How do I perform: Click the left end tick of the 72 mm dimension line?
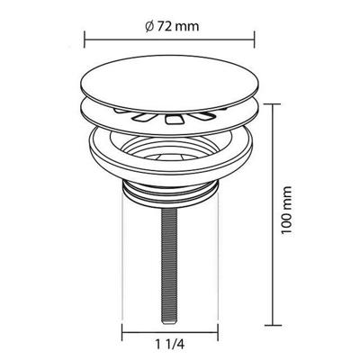tap(84, 39)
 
